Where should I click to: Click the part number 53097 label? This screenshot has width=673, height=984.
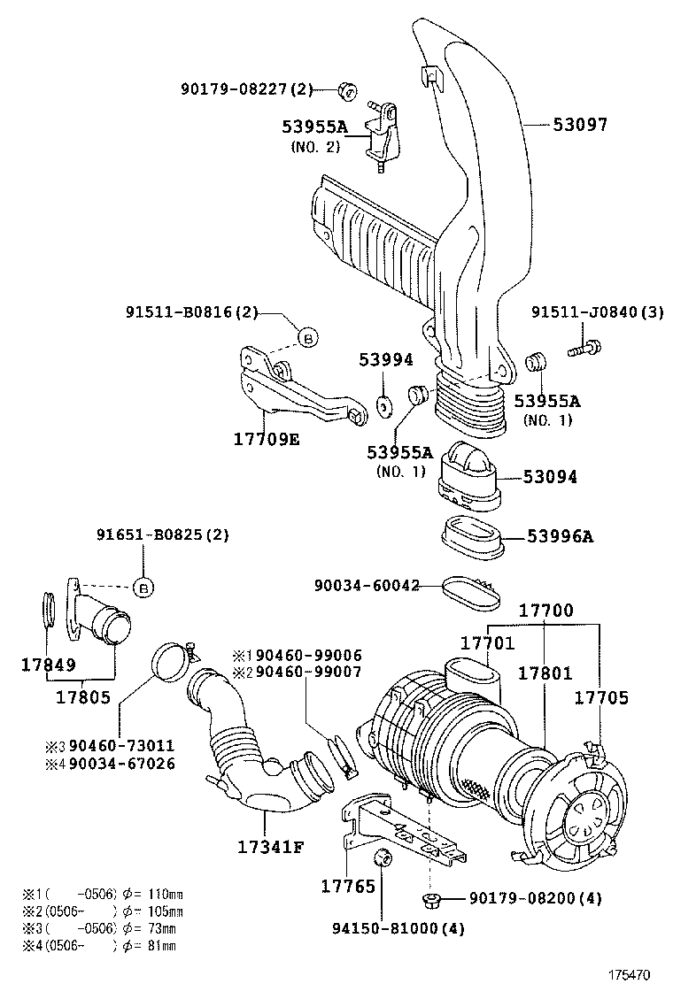tap(580, 125)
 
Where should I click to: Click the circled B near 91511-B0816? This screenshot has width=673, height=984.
tap(306, 337)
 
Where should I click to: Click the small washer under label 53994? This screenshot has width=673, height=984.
tap(385, 404)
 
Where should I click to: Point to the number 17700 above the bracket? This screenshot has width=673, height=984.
tap(545, 610)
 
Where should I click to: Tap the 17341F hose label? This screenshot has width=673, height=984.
tap(270, 846)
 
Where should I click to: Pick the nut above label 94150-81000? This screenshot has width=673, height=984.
tap(383, 857)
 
